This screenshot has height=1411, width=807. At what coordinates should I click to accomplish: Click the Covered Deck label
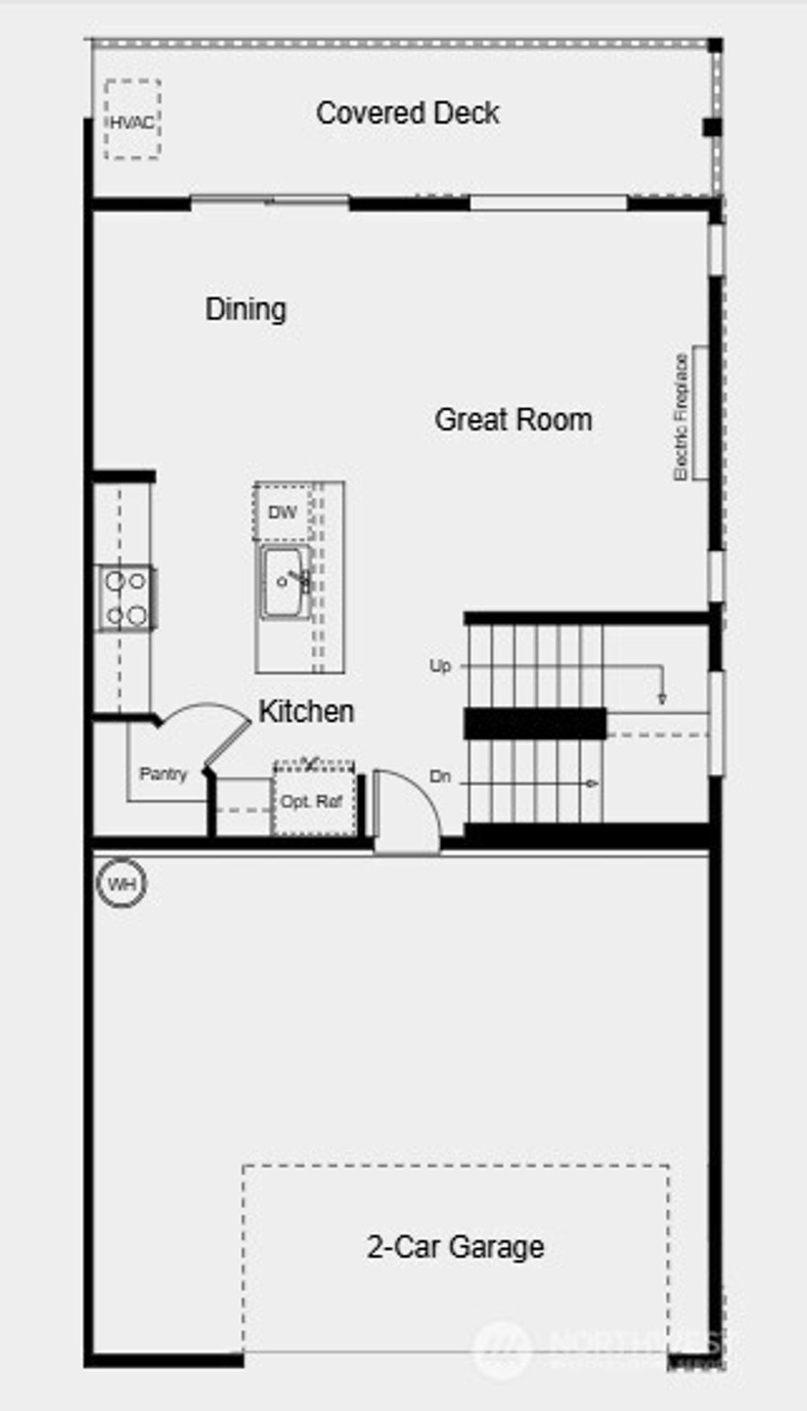[407, 114]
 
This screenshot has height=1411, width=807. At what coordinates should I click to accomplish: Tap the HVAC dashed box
[132, 120]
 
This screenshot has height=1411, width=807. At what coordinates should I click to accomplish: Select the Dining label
[245, 309]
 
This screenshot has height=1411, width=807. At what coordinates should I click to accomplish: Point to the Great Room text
[513, 419]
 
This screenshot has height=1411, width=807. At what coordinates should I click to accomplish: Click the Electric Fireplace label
[681, 416]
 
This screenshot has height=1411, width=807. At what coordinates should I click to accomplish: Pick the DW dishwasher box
[282, 512]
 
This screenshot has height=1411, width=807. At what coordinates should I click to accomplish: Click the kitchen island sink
[284, 583]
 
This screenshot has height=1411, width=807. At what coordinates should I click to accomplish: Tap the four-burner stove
[126, 598]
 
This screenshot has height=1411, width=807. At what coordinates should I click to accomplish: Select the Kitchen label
[306, 711]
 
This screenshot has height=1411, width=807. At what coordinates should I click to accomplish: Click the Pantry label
[163, 774]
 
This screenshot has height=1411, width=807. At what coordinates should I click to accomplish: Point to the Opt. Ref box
[313, 801]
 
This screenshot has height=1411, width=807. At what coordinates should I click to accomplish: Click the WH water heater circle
[121, 884]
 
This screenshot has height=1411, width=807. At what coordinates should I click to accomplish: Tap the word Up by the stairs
[440, 666]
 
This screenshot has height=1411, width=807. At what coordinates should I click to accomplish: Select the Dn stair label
[440, 777]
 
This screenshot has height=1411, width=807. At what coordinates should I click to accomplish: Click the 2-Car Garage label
[455, 1247]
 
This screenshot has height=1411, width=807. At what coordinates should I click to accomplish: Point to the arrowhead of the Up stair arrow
[662, 698]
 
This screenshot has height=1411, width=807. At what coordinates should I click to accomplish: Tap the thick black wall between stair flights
[534, 724]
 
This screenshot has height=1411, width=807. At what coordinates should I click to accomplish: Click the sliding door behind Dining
[270, 202]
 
